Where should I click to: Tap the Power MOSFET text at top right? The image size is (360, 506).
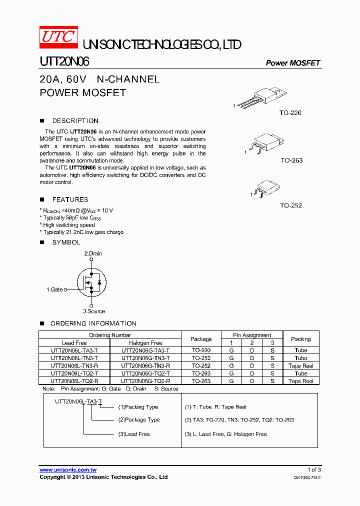292,63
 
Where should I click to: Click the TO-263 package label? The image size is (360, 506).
291,160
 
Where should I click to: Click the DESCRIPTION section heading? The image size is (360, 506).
75,121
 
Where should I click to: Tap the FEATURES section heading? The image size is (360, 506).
70,199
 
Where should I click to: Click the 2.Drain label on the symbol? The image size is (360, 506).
93,253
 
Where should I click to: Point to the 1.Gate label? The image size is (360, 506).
55,289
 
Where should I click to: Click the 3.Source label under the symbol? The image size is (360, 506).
94,311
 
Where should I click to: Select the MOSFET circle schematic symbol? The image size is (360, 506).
91,282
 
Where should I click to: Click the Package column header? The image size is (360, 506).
201,339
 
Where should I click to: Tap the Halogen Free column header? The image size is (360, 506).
145,343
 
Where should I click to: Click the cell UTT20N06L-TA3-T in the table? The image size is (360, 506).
74,350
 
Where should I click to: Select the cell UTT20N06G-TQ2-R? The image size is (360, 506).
145,381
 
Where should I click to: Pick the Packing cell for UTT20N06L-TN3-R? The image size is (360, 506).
300,366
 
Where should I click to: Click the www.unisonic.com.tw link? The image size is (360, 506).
68,470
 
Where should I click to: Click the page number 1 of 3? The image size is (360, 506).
314,469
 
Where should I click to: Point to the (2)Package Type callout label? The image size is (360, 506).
139,420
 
